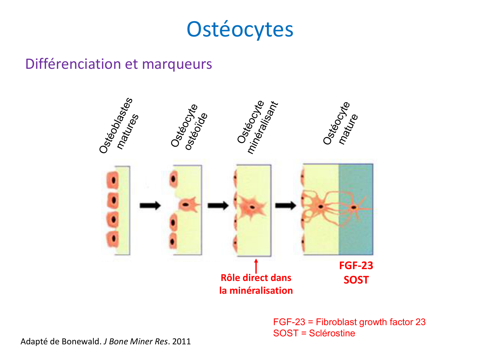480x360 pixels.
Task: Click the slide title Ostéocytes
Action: tap(240, 29)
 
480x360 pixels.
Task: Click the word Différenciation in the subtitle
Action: tap(73, 64)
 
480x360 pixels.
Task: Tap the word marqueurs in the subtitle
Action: tap(177, 64)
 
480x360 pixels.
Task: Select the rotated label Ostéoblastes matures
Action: tap(119, 126)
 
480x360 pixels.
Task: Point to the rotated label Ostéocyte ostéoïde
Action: tap(189, 127)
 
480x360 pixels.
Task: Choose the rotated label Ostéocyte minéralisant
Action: tap(258, 127)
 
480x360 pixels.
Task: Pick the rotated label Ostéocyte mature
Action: tap(340, 123)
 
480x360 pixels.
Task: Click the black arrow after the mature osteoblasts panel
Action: tap(150, 205)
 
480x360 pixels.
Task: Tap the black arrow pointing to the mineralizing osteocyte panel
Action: tap(218, 205)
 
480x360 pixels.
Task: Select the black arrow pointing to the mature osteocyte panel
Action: tap(285, 205)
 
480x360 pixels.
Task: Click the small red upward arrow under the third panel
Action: tap(256, 266)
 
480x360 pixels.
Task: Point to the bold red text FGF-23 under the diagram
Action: tap(356, 266)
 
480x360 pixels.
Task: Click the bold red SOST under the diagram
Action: tap(356, 280)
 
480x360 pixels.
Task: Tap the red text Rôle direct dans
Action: tap(256, 278)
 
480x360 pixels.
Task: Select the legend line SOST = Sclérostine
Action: tap(314, 333)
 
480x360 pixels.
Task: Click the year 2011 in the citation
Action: tap(181, 341)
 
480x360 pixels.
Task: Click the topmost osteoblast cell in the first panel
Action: tap(113, 180)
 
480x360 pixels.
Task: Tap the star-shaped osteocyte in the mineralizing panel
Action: tap(252, 207)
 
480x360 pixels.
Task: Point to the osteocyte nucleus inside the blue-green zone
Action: tap(354, 207)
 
